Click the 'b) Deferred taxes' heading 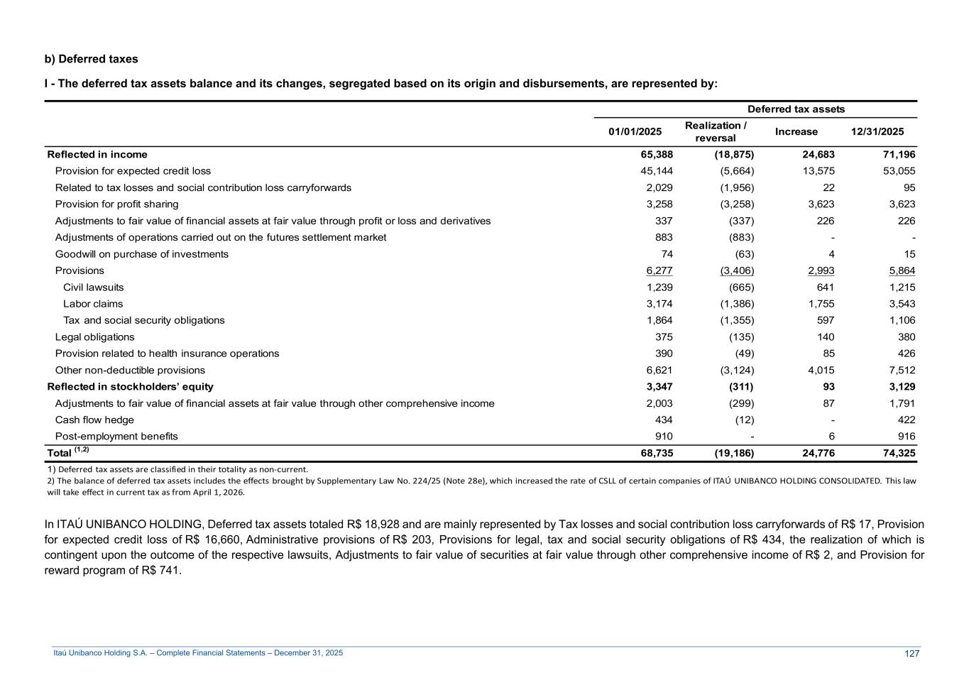pos(91,59)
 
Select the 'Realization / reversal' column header pos(715,131)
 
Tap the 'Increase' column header pos(796,131)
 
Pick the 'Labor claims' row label pos(93,304)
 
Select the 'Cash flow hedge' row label pos(94,420)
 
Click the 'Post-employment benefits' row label pos(116,437)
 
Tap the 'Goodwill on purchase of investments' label pos(142,254)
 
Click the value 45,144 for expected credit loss pos(656,171)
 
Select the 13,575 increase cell pos(818,171)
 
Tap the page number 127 pos(911,654)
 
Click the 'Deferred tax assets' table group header pos(796,109)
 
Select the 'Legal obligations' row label pos(94,337)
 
